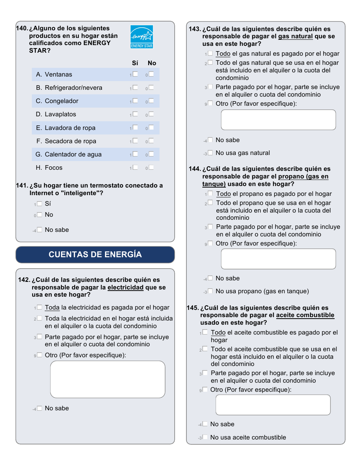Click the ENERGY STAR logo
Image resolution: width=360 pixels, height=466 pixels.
coord(142,37)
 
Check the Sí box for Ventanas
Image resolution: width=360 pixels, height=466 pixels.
coord(135,74)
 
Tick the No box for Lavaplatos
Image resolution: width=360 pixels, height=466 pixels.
coord(151,114)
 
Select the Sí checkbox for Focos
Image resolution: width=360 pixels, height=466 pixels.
coord(135,167)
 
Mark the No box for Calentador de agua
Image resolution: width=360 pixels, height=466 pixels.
coord(151,154)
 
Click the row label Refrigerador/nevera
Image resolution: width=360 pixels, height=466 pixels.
coord(74,88)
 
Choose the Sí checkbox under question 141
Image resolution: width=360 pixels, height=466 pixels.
coord(39,204)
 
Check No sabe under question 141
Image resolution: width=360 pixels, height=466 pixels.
coord(39,230)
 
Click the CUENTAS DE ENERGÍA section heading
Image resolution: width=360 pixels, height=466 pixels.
coord(95,255)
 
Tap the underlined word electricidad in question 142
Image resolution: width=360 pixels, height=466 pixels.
coord(125,288)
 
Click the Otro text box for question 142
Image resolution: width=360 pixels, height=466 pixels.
coord(108,379)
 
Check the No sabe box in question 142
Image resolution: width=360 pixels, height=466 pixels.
coord(39,408)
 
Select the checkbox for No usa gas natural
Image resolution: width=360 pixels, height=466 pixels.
coord(210,153)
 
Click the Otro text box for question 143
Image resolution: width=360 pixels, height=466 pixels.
coord(278,120)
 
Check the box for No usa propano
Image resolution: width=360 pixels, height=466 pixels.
coord(210,291)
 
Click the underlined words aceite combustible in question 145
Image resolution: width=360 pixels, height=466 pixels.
coord(305,315)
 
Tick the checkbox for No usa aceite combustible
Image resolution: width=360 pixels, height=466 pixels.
coord(205,437)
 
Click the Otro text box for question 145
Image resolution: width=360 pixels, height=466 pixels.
coord(273,405)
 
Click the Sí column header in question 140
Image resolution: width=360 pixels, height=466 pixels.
coord(135,63)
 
